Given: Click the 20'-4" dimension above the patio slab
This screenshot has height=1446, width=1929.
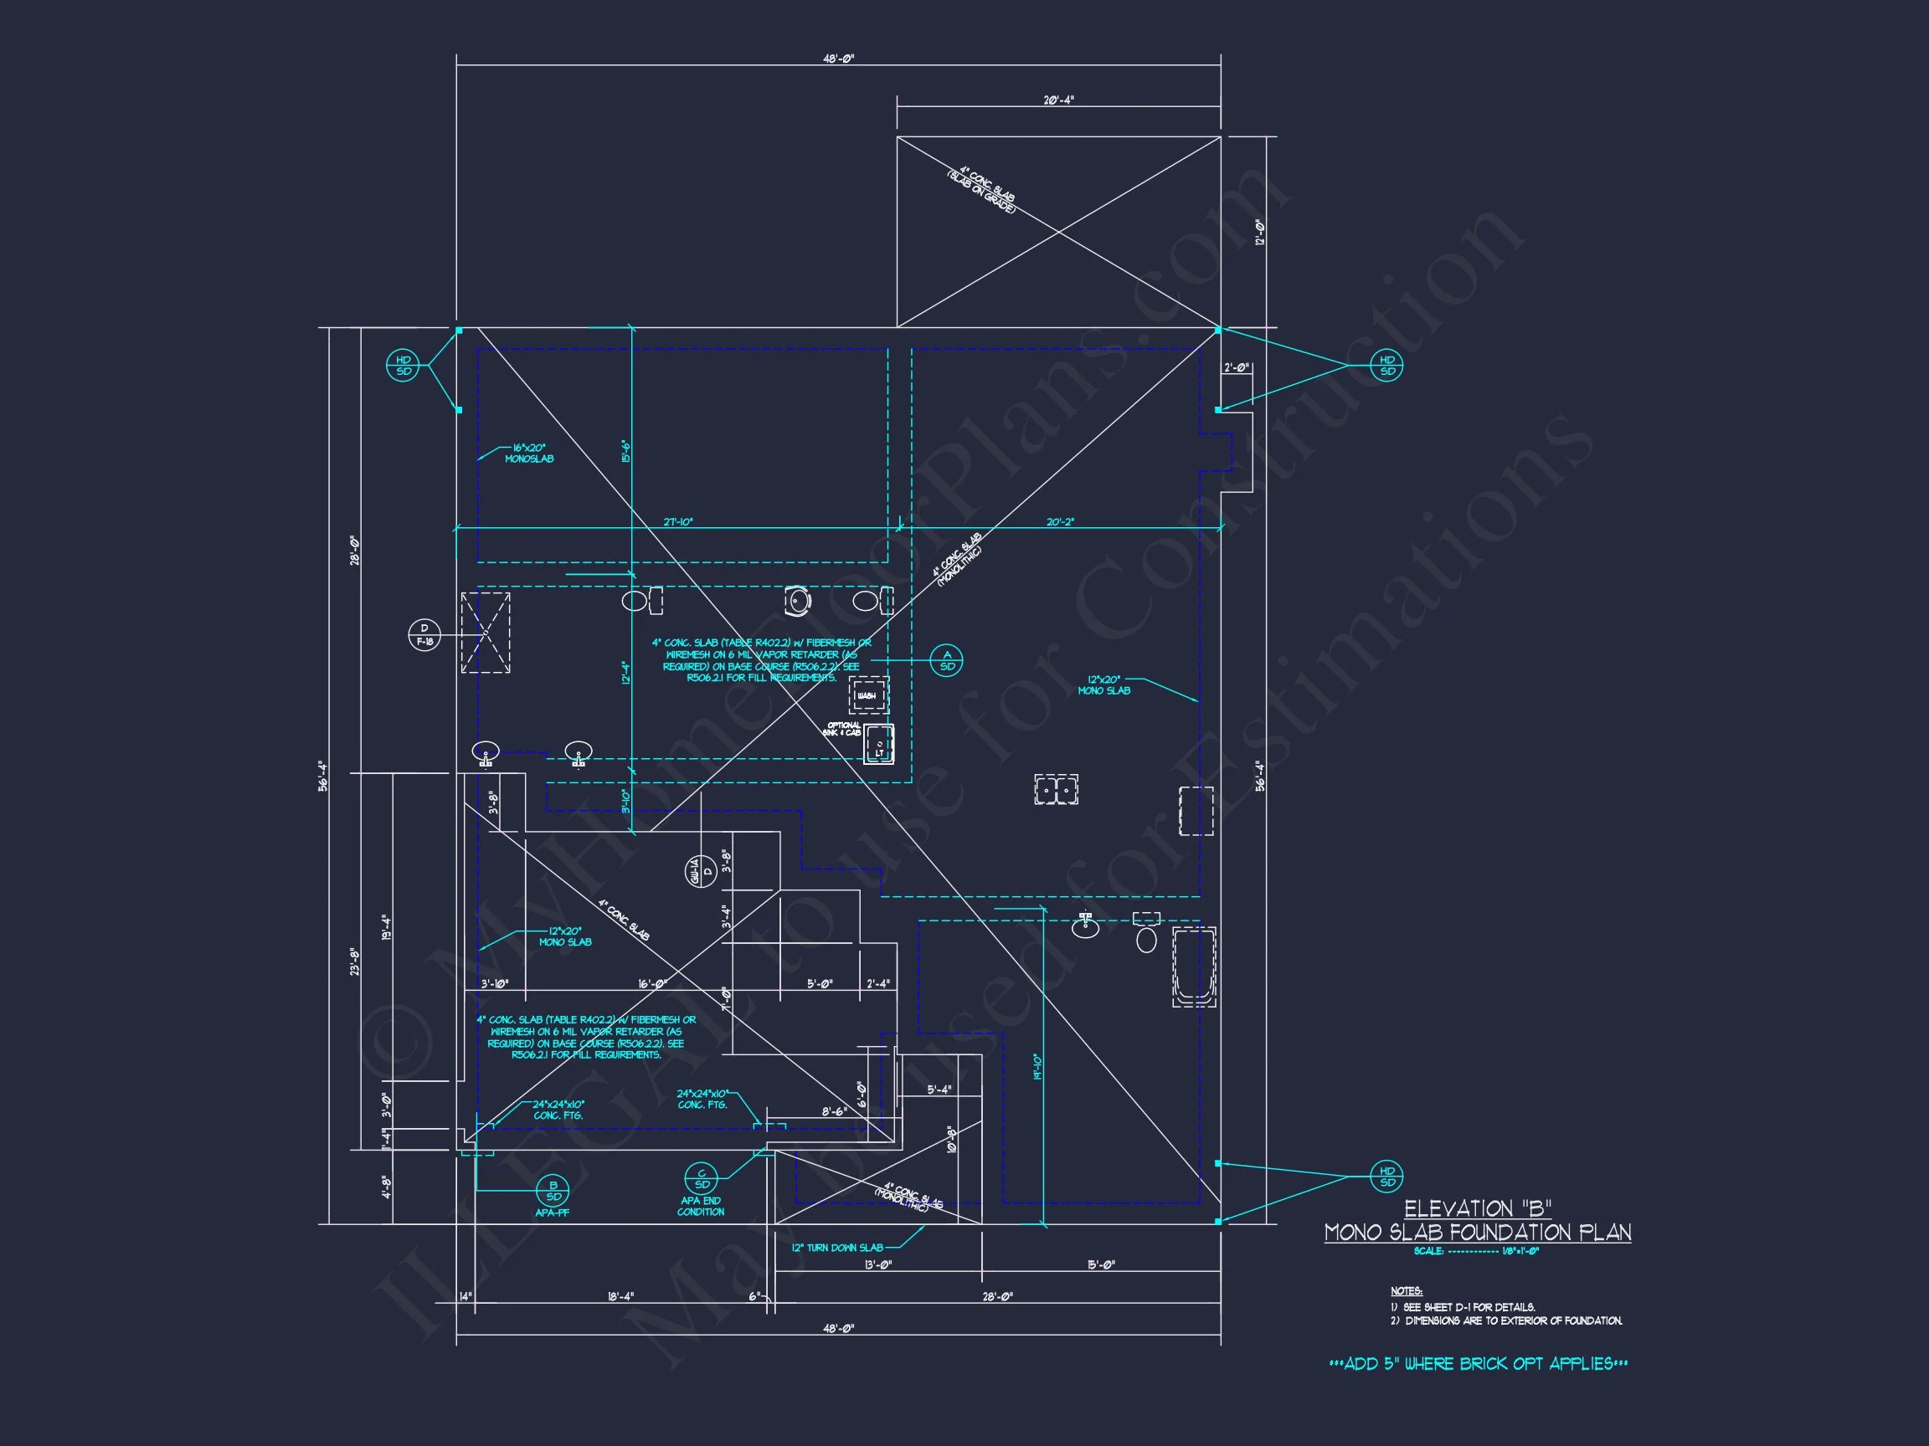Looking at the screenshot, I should tap(1057, 100).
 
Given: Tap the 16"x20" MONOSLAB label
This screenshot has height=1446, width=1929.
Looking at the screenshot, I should tap(528, 454).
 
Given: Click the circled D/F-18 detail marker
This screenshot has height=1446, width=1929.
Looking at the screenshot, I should tap(424, 634).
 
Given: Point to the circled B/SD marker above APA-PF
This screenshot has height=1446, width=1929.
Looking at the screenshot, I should tap(553, 1191).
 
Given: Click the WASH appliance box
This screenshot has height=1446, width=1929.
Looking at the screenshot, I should tap(868, 695).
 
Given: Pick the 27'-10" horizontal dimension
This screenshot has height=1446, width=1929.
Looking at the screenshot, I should tap(677, 522).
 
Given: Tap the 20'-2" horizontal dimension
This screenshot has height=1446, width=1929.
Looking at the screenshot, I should tap(1061, 522).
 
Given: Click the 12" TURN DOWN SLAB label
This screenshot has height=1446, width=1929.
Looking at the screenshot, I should tap(836, 1249).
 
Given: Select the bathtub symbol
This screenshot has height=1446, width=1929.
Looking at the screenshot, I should tap(1194, 967).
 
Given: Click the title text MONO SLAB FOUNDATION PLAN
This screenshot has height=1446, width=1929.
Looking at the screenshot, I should tap(1477, 1233).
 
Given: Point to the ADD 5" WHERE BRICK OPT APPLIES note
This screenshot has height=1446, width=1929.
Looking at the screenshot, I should tap(1477, 1364).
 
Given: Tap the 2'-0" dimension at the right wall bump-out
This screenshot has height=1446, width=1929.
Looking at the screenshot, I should tap(1236, 368).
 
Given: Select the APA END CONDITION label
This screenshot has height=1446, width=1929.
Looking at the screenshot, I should tap(700, 1207).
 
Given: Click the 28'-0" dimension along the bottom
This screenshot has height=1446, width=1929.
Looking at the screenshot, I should tap(997, 1296).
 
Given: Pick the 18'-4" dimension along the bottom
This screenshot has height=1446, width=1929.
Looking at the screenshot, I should tap(620, 1296).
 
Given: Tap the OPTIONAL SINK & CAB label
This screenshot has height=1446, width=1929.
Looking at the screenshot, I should tap(842, 729).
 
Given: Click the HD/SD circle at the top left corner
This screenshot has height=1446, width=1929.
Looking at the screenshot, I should tap(403, 365).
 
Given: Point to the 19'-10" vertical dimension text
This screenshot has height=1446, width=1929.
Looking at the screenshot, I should tap(1037, 1068).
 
